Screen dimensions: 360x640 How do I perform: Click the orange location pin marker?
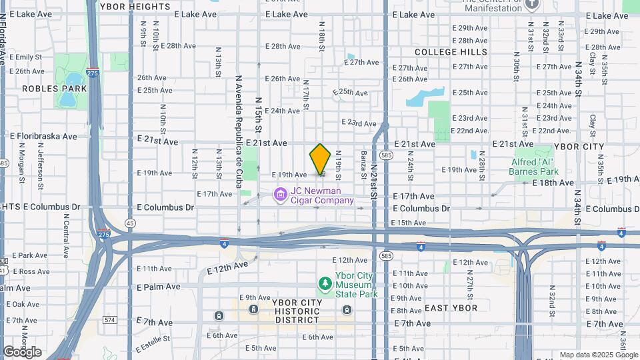[x=321, y=159]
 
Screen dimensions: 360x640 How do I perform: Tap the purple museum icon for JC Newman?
[x=281, y=195]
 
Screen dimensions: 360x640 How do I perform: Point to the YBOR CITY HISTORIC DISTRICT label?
[x=297, y=311]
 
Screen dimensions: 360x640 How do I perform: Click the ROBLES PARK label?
[x=55, y=88]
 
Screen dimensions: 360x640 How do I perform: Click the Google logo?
[x=22, y=351]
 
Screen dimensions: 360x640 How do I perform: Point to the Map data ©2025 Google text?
[x=598, y=355]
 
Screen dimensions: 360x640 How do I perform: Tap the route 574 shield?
[x=110, y=320]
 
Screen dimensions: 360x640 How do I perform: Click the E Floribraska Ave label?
[x=43, y=136]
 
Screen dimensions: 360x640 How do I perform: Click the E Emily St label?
[x=25, y=57]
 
